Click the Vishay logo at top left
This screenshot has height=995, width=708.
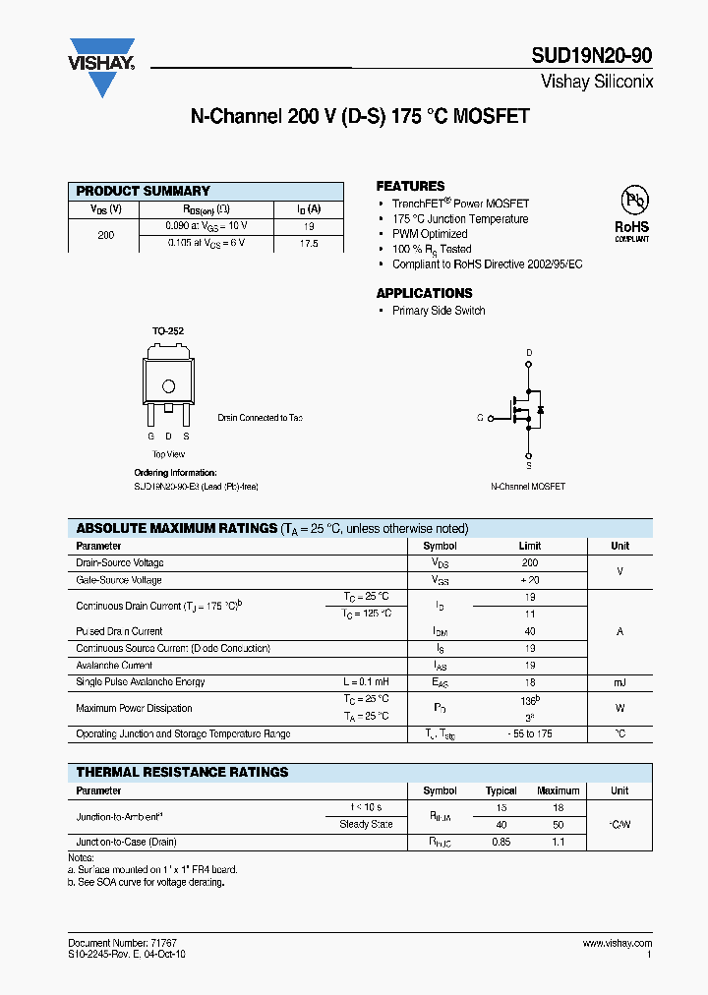click(x=101, y=67)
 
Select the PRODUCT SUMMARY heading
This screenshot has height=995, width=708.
click(x=143, y=191)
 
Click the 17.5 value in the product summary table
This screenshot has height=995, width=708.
click(x=309, y=242)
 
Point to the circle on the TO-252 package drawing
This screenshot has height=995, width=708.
click(x=168, y=386)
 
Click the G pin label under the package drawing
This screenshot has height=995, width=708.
click(x=150, y=435)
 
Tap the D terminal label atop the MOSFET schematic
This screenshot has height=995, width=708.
click(x=529, y=353)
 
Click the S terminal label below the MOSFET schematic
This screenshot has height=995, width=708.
click(x=529, y=466)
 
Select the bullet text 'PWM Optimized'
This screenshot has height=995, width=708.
click(x=430, y=234)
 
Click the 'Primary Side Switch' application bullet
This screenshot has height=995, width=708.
click(x=439, y=311)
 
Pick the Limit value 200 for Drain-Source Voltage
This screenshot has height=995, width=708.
click(x=530, y=563)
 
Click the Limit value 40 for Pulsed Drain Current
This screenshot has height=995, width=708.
click(x=530, y=631)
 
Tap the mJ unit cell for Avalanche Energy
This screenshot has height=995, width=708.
click(x=619, y=682)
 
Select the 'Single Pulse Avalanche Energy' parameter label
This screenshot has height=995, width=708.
click(x=140, y=682)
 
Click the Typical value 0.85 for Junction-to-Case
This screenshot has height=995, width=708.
click(x=501, y=842)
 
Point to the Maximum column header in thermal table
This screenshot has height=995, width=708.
click(x=558, y=790)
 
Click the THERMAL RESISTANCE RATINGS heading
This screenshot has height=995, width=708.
click(x=182, y=772)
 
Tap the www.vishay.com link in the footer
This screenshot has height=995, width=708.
click(x=618, y=943)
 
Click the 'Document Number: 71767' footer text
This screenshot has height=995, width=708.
click(x=122, y=943)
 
